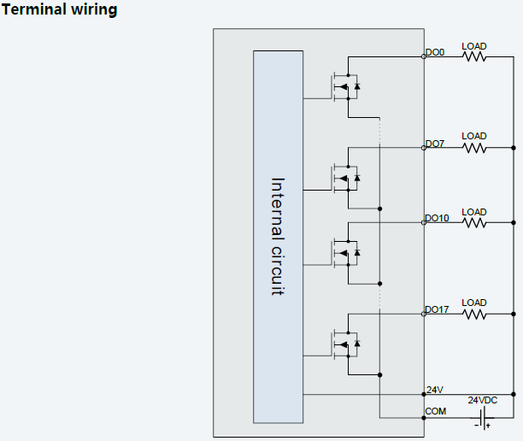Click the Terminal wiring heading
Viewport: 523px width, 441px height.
click(61, 10)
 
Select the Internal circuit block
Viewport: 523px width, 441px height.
click(278, 236)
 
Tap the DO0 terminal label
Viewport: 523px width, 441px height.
click(435, 53)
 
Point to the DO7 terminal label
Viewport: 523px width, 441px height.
click(435, 144)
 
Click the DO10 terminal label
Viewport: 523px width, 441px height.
click(437, 219)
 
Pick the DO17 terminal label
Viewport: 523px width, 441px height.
click(437, 309)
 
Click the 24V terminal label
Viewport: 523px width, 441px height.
click(435, 390)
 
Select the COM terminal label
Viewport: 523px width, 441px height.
click(436, 412)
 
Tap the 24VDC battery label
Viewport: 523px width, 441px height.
click(482, 400)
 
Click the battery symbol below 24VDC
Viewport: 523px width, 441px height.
click(482, 418)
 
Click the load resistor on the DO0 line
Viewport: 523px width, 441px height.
click(474, 57)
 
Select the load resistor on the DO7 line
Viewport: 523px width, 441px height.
click(474, 148)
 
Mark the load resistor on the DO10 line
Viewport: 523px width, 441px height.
click(474, 223)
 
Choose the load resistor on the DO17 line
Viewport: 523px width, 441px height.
click(474, 314)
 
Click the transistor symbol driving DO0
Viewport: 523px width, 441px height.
click(345, 85)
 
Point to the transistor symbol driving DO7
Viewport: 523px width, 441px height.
click(345, 177)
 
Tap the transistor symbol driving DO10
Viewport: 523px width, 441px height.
click(345, 252)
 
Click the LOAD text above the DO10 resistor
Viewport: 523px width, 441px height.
click(474, 212)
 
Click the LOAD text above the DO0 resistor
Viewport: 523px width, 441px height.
click(474, 46)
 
